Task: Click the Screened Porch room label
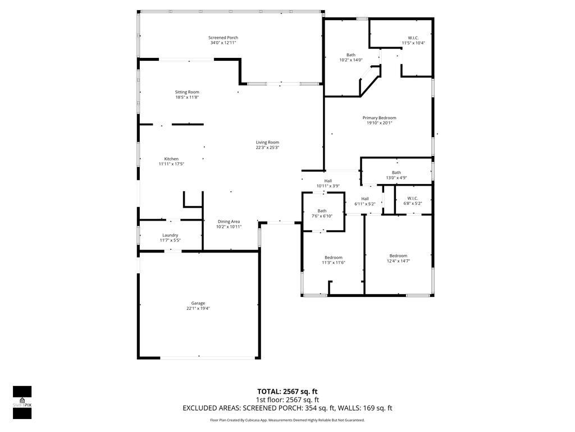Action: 223,38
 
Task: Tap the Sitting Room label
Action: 187,92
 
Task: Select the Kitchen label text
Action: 171,159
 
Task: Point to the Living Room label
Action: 267,142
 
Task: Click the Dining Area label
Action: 229,222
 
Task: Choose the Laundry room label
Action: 170,235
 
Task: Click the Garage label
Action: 198,303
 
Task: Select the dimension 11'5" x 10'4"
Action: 413,43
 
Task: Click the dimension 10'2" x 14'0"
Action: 350,60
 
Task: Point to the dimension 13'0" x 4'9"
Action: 396,178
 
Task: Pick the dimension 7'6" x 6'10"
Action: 322,216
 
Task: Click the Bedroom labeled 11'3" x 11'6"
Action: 333,258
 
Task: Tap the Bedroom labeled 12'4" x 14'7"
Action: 398,256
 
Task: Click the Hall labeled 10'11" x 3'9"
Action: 328,181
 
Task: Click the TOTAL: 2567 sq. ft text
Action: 287,391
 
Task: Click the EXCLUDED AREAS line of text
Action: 287,408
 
